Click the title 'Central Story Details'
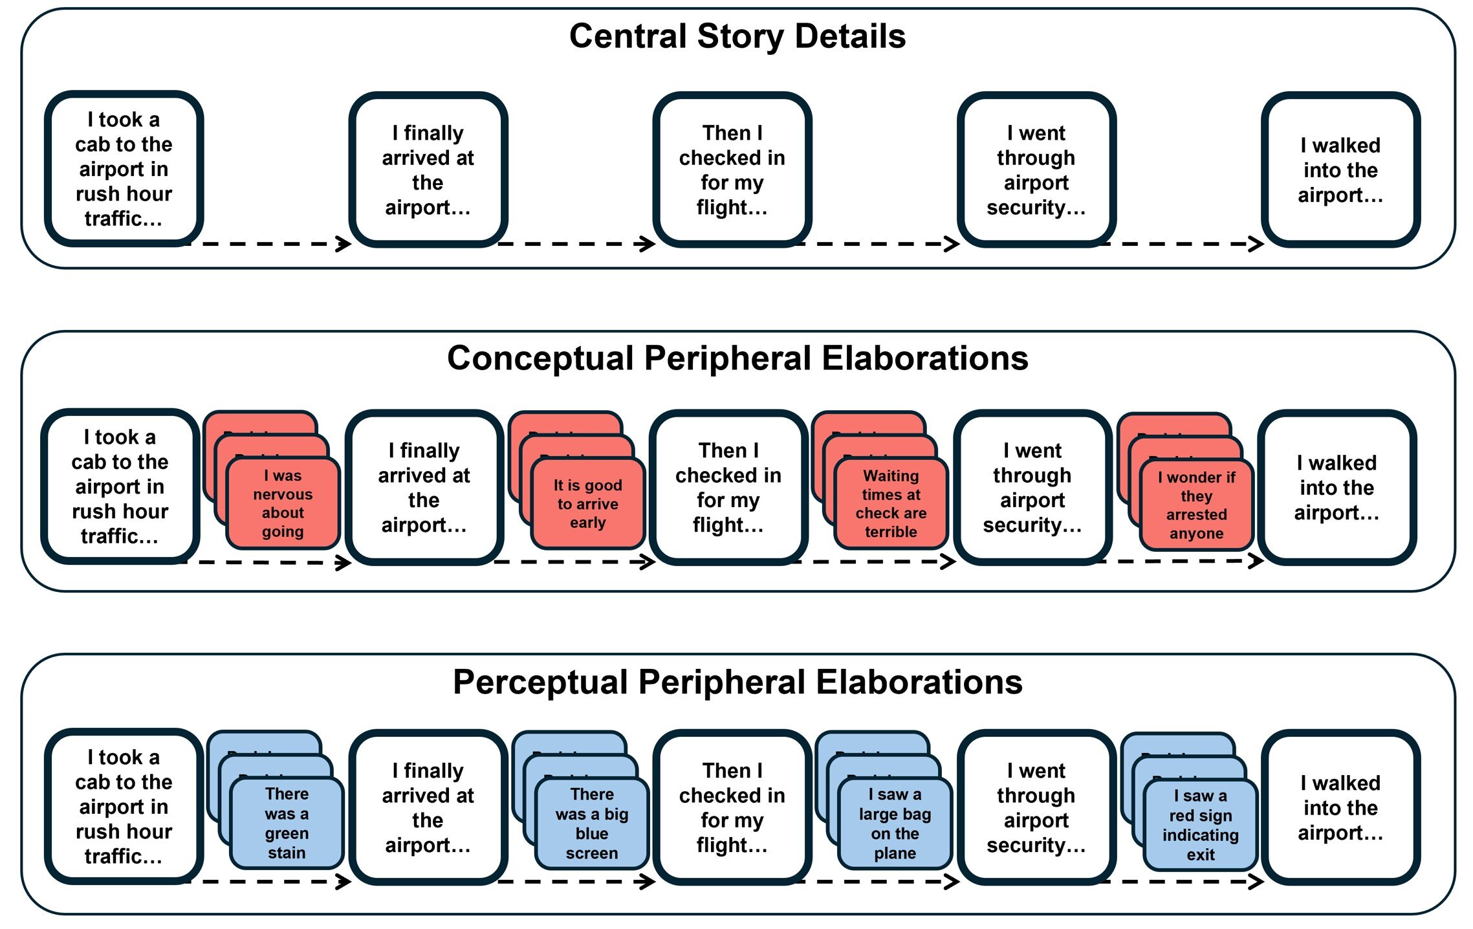point(737,37)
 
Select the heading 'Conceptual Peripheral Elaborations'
point(737,358)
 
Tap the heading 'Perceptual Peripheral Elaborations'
point(737,682)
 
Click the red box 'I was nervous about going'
point(283,503)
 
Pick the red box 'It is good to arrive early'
point(587,504)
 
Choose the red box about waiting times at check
point(891,503)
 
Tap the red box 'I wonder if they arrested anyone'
point(1196,505)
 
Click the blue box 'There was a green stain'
point(287,823)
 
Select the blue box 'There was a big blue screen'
point(591,823)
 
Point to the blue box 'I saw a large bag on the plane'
point(895,823)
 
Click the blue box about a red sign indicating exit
point(1200,824)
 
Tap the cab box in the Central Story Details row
point(124,169)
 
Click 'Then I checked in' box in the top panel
point(732,169)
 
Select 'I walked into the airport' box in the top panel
point(1340,169)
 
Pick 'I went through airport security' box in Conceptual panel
point(1032,487)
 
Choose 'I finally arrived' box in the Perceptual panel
point(428,807)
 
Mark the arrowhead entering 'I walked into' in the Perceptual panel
point(1257,881)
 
